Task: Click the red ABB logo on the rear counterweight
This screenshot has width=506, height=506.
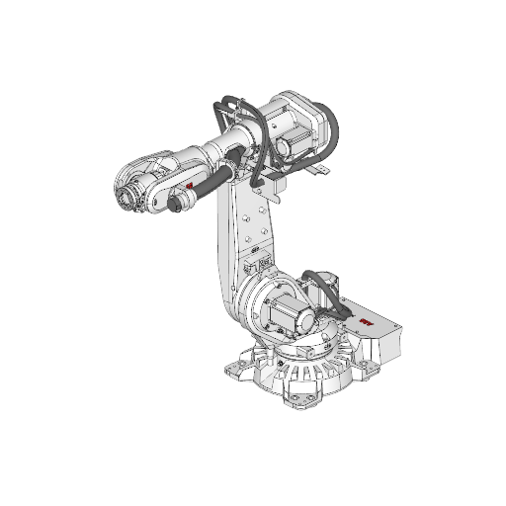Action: (366, 323)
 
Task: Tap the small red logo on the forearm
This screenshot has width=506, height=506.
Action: (189, 185)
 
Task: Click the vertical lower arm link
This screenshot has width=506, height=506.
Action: (237, 237)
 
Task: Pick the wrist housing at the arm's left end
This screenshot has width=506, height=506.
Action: (138, 183)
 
